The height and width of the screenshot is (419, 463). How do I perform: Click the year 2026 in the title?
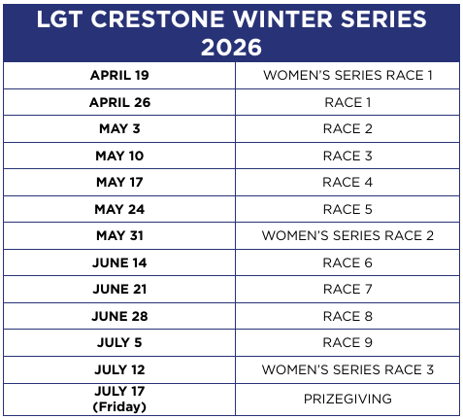point(231,48)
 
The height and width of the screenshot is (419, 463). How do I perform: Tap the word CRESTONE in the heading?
point(157,18)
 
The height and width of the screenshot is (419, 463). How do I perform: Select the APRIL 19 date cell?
point(119,75)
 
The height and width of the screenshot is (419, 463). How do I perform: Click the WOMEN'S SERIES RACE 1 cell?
point(347,75)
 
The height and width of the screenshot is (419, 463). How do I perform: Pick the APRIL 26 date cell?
point(119,102)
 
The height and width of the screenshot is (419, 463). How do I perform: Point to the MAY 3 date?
point(119,128)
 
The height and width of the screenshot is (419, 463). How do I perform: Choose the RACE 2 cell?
point(347,128)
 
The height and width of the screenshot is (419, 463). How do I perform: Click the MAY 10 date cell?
point(119,156)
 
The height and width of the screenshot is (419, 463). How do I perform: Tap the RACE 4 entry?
point(347,182)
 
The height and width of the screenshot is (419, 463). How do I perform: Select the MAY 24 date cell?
point(119,209)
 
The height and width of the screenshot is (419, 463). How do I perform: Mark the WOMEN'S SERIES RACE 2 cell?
point(347,235)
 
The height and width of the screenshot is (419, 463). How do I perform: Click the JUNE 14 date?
point(119,262)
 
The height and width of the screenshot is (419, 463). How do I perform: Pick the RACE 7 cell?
point(347,289)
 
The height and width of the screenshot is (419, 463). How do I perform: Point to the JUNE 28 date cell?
point(119,316)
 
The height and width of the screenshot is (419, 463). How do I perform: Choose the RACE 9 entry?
point(347,342)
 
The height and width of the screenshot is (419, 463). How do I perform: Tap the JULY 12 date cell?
point(119,369)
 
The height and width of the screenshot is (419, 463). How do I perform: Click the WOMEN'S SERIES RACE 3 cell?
point(347,369)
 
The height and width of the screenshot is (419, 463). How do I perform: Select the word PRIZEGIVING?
point(347,399)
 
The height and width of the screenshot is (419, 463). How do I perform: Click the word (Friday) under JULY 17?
point(119,406)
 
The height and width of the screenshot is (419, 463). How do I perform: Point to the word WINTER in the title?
point(282,18)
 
